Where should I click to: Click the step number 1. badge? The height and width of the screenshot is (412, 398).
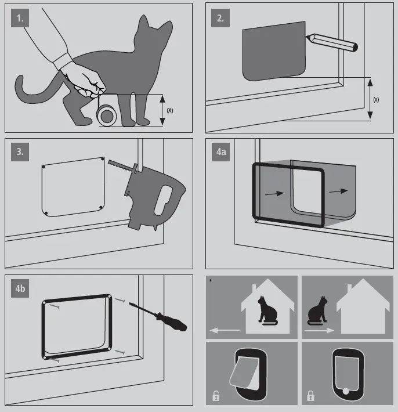[x=20, y=18]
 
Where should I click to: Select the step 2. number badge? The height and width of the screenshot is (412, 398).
[x=220, y=18]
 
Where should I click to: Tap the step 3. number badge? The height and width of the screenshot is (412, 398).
[x=20, y=153]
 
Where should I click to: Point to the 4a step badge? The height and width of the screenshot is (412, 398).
[x=221, y=153]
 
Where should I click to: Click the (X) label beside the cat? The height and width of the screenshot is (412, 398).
[x=170, y=110]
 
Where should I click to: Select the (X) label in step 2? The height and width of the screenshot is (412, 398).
[x=376, y=99]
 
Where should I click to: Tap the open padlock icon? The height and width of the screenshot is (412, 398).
[x=216, y=397]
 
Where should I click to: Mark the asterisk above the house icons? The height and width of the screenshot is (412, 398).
[x=211, y=281]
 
